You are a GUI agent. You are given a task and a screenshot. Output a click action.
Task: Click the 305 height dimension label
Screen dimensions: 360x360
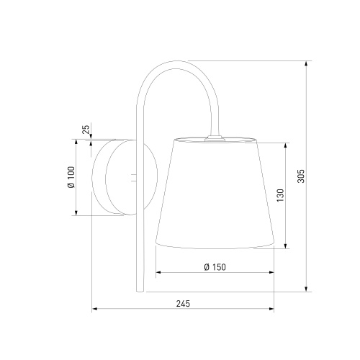point(301,176)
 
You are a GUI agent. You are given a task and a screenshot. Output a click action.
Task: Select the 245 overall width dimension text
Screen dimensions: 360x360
point(183,304)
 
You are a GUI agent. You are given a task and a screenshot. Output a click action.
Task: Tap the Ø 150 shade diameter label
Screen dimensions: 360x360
point(215,267)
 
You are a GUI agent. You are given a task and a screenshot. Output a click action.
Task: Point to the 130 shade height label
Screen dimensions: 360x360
point(280,195)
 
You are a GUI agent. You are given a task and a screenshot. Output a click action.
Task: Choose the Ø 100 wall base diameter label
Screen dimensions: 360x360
point(71,177)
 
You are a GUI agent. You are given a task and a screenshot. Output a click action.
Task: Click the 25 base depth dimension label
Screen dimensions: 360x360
point(86,129)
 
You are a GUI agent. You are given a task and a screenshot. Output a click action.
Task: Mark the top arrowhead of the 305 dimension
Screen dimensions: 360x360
point(306,63)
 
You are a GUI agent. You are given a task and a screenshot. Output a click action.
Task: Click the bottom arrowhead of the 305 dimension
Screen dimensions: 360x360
point(306,289)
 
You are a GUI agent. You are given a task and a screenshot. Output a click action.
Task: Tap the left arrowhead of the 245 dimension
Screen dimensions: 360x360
point(94,309)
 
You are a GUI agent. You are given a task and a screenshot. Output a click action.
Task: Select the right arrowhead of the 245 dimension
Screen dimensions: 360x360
point(271,309)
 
